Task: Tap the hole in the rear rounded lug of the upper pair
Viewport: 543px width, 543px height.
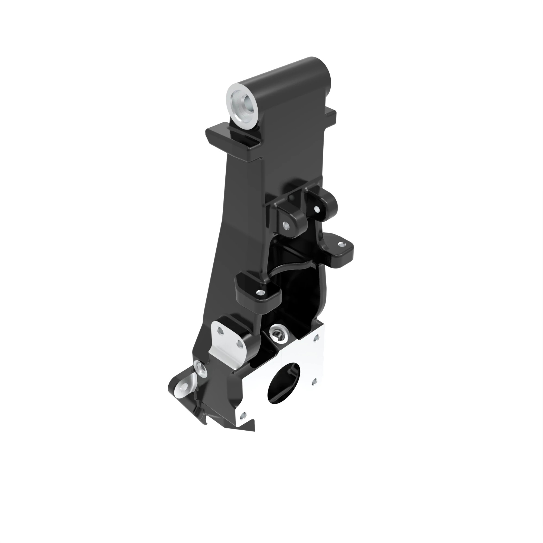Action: tap(317, 209)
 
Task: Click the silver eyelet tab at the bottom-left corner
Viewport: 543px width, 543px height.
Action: tap(183, 388)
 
